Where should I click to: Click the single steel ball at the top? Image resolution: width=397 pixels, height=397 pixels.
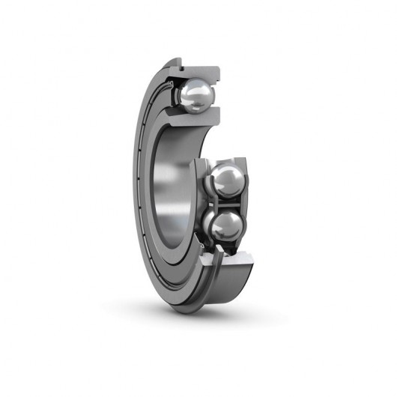point(197,94)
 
